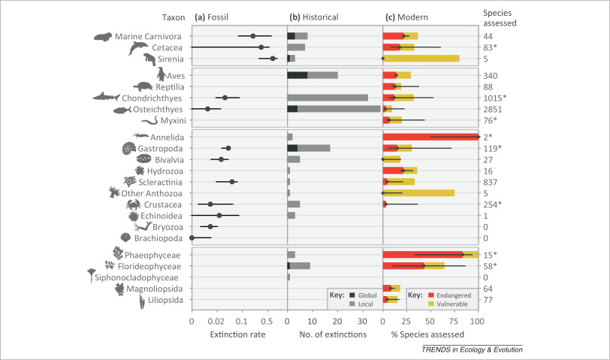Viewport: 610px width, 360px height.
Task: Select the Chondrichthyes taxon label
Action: pyautogui.click(x=150, y=98)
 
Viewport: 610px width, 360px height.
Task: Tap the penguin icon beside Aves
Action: pyautogui.click(x=160, y=74)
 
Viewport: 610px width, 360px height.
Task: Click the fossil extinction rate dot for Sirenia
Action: pyautogui.click(x=273, y=58)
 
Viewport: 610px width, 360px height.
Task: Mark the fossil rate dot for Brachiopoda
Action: pyautogui.click(x=192, y=237)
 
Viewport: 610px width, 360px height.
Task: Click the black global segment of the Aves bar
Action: pyautogui.click(x=297, y=75)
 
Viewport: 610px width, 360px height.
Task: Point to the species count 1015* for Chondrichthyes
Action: pyautogui.click(x=494, y=98)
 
